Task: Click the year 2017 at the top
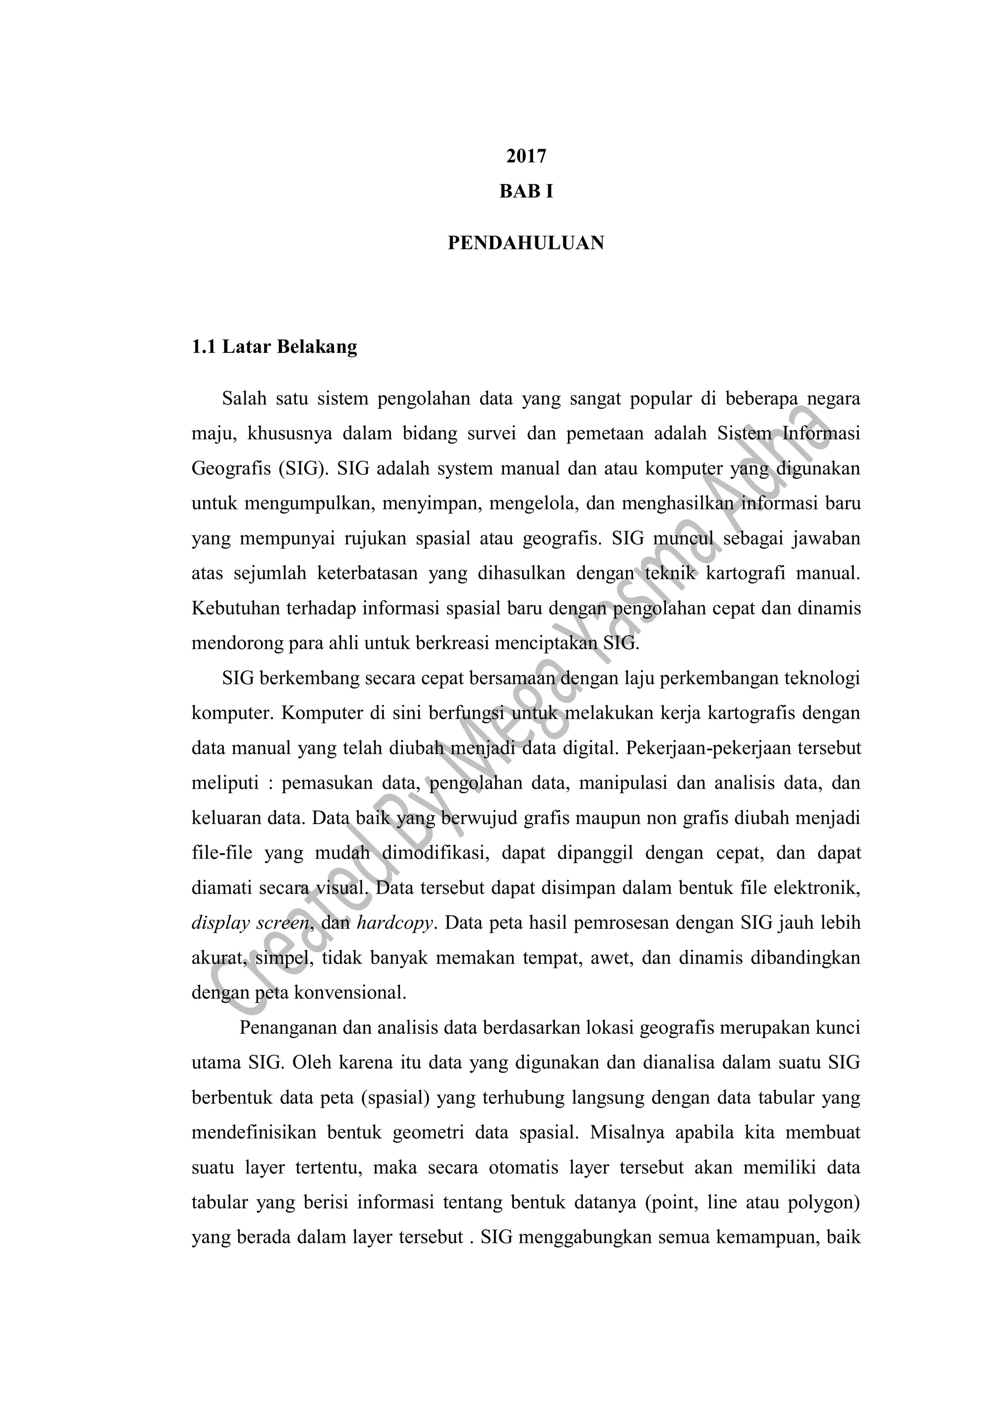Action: point(526,156)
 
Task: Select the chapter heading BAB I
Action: point(526,192)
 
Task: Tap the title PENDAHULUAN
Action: point(526,243)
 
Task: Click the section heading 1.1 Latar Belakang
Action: point(274,347)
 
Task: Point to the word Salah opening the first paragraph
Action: point(244,399)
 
